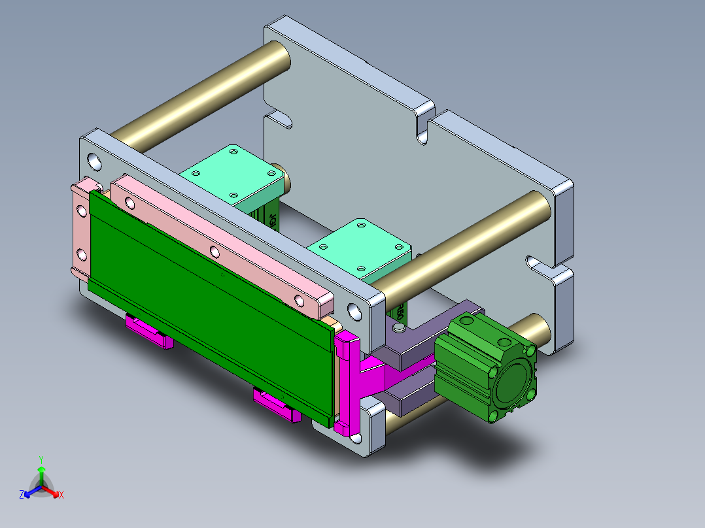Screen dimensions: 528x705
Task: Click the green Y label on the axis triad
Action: pyautogui.click(x=41, y=459)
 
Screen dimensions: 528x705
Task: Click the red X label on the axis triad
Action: pyautogui.click(x=61, y=495)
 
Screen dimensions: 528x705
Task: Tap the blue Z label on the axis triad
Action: pyautogui.click(x=22, y=495)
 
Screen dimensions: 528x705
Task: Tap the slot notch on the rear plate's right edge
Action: pyautogui.click(x=542, y=266)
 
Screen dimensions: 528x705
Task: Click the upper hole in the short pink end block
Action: pyautogui.click(x=81, y=211)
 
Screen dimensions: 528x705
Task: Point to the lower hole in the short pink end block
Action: pyautogui.click(x=81, y=254)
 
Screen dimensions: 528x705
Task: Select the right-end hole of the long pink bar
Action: pyautogui.click(x=300, y=300)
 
